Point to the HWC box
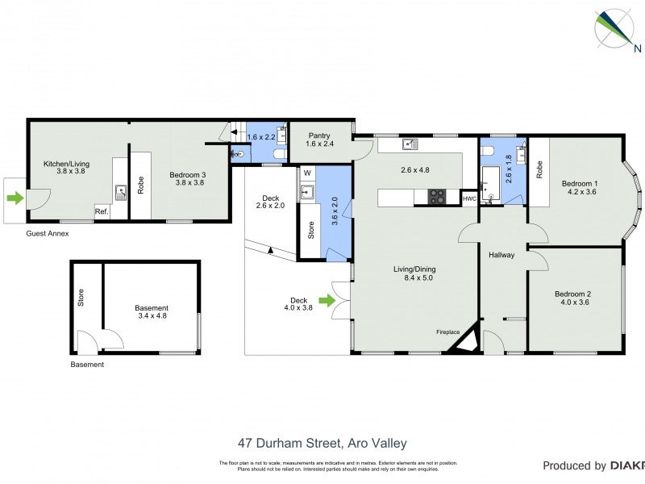pos(469,198)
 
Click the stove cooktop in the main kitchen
pos(436,196)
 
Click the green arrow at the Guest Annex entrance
pos(15,198)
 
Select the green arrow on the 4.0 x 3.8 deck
pos(326,301)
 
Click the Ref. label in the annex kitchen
pos(102,211)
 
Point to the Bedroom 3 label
pos(187,178)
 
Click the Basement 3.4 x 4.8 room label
pos(152,312)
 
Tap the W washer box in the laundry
pos(307,173)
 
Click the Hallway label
pos(501,255)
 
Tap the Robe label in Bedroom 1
pos(539,169)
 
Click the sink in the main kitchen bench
pos(410,144)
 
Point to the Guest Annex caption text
pos(47,234)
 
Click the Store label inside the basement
pos(81,299)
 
